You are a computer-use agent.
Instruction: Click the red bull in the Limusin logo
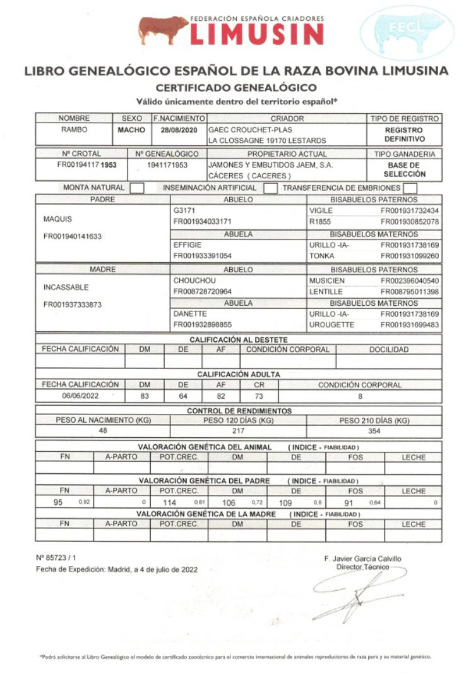[162, 30]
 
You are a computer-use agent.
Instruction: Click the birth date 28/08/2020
[179, 130]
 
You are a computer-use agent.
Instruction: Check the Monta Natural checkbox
[137, 188]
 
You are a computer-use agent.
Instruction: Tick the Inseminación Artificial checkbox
[270, 188]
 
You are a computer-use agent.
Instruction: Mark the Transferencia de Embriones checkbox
[410, 188]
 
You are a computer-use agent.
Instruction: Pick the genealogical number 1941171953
[167, 164]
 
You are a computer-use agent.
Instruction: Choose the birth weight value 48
[103, 430]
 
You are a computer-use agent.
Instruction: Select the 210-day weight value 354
[374, 430]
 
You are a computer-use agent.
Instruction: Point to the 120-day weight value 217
[238, 430]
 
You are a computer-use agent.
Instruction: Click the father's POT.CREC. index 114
[169, 502]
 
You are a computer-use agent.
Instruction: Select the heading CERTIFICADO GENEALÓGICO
[235, 87]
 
